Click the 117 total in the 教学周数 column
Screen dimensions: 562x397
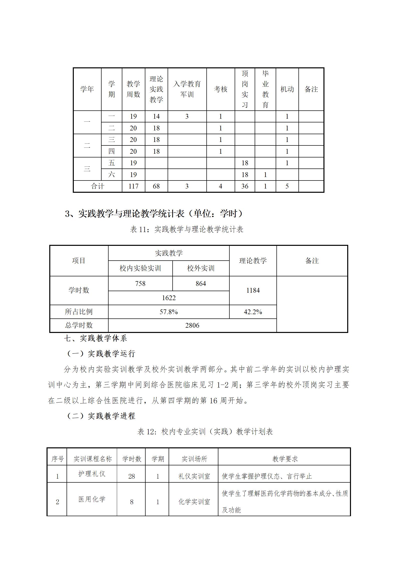pyautogui.click(x=133, y=186)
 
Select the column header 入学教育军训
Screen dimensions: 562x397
pyautogui.click(x=187, y=89)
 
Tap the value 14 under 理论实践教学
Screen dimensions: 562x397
pyautogui.click(x=156, y=116)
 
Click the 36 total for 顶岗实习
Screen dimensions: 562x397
pyautogui.click(x=245, y=186)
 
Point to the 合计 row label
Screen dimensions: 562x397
pyautogui.click(x=98, y=186)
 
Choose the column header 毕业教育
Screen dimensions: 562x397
pyautogui.click(x=265, y=89)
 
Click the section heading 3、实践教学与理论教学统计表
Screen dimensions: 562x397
pyautogui.click(x=154, y=214)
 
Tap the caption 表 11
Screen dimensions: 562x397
pyautogui.click(x=187, y=229)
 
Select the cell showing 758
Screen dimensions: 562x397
pyautogui.click(x=140, y=284)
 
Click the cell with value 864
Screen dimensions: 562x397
pyautogui.click(x=201, y=284)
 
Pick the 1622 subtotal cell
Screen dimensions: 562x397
pyautogui.click(x=169, y=298)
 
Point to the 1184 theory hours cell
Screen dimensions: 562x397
pyautogui.click(x=253, y=290)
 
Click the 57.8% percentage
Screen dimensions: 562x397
pyautogui.click(x=169, y=312)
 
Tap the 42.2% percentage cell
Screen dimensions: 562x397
pyautogui.click(x=253, y=312)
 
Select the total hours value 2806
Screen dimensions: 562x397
pyautogui.click(x=192, y=325)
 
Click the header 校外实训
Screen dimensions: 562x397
pyautogui.click(x=201, y=268)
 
